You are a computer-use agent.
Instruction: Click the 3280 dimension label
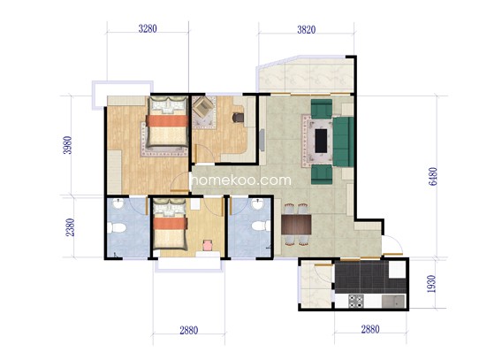click(x=148, y=29)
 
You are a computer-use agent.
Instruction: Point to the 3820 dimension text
click(x=306, y=30)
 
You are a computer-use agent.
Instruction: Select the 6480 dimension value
click(x=433, y=177)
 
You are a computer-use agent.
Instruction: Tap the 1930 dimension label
click(x=431, y=284)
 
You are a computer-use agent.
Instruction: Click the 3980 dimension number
click(x=67, y=145)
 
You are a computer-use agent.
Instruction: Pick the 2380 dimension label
click(x=70, y=227)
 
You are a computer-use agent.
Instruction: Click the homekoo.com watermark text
click(x=240, y=180)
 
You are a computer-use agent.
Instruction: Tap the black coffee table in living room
click(x=321, y=141)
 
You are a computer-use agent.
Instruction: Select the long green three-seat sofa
click(x=344, y=142)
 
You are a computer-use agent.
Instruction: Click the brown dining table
click(x=296, y=225)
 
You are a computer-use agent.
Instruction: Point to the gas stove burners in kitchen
click(x=356, y=301)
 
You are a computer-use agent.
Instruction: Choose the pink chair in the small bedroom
click(x=209, y=245)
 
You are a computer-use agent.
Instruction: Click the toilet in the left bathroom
click(x=117, y=228)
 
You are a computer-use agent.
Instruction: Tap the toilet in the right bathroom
click(x=262, y=226)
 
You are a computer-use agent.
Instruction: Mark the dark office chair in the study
click(x=239, y=118)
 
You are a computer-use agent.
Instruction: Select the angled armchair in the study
click(x=204, y=107)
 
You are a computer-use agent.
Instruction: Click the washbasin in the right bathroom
click(x=258, y=204)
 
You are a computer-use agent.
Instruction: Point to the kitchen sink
click(x=393, y=302)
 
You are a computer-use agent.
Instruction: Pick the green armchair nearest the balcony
click(x=322, y=109)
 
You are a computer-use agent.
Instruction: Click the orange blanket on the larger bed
click(x=167, y=121)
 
